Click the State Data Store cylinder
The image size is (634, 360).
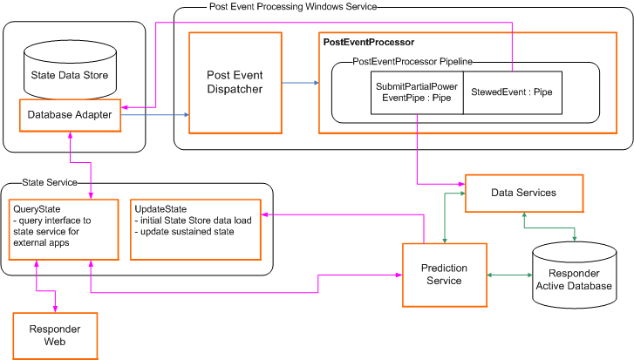click(x=70, y=69)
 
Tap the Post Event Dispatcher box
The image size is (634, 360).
click(x=235, y=82)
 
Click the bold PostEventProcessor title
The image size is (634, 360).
click(x=368, y=42)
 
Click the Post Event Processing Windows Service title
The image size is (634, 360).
click(x=293, y=6)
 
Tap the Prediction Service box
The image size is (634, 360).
click(x=445, y=275)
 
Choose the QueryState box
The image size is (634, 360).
click(x=63, y=229)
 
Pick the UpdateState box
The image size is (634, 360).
click(x=195, y=229)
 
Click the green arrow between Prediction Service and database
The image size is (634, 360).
click(x=509, y=275)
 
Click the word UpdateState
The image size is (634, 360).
click(x=159, y=208)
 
